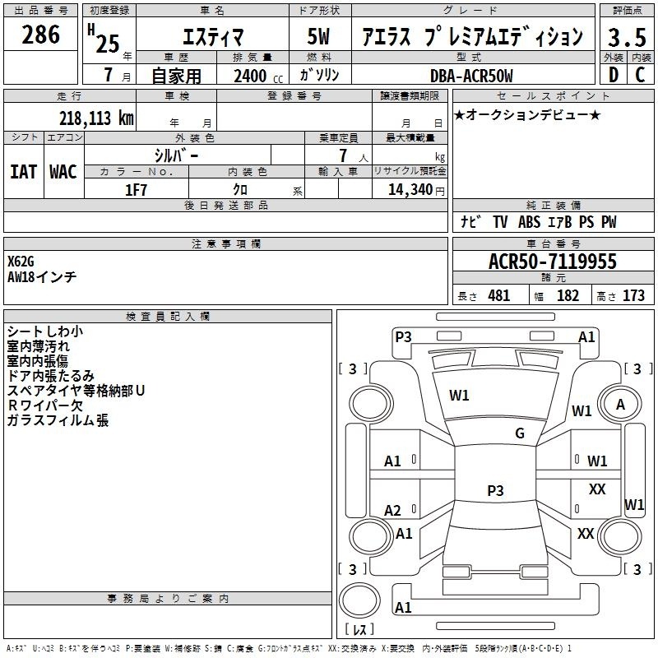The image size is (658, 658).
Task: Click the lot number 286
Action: click(40, 35)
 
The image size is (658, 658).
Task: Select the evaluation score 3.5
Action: click(627, 37)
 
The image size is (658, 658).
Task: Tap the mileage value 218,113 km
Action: click(96, 118)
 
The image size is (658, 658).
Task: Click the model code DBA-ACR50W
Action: click(471, 76)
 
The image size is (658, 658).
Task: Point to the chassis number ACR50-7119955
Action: click(553, 261)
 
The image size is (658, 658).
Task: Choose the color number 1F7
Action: click(136, 190)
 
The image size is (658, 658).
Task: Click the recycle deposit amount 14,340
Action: click(410, 190)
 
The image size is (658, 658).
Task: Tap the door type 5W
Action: click(318, 36)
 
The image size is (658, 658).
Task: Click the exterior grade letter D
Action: click(614, 75)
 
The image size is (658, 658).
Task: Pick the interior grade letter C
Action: click(640, 75)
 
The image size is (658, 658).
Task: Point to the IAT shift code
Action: click(24, 172)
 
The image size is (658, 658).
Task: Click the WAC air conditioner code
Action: click(63, 172)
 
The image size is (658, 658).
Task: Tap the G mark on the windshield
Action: click(520, 433)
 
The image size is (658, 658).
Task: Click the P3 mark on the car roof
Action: click(495, 490)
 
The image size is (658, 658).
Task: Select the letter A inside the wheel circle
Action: click(620, 405)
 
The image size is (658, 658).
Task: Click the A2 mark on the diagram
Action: click(392, 510)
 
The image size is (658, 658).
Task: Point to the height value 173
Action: click(633, 295)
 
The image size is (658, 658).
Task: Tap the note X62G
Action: click(21, 262)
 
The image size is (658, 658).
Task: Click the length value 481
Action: click(499, 295)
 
